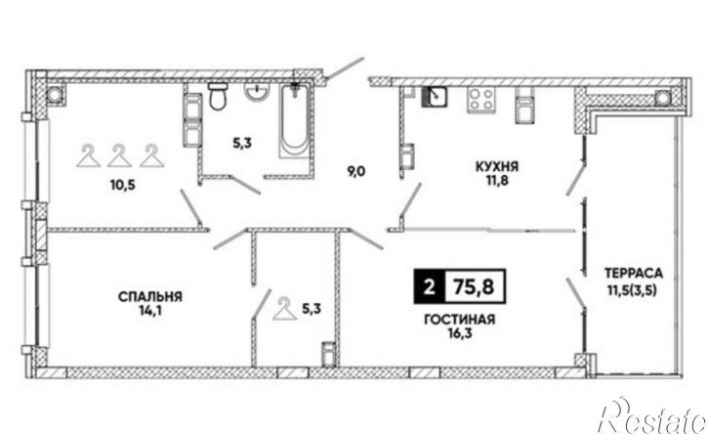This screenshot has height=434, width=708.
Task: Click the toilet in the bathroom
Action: click(218, 96)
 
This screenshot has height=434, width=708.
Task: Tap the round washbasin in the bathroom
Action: click(257, 91)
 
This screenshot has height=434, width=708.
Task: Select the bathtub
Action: click(294, 120)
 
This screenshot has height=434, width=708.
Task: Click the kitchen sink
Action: click(435, 98)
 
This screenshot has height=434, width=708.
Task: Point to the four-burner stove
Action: click(480, 100)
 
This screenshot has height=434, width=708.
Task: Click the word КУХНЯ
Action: click(497, 167)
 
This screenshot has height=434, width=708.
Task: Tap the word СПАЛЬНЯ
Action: click(150, 296)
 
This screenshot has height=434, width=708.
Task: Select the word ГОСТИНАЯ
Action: click(460, 320)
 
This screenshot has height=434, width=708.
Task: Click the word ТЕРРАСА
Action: click(634, 273)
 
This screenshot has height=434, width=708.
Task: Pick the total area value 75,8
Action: click(474, 286)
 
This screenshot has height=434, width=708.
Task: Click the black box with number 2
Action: click(430, 286)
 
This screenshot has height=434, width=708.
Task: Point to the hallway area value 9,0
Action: click(355, 171)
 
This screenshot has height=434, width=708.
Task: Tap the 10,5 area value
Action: click(122, 185)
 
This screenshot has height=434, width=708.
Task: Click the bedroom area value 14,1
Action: click(150, 311)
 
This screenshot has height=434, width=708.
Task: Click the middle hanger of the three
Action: click(120, 156)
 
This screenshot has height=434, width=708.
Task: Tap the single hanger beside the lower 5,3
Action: click(284, 309)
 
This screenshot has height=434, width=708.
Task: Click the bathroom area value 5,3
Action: click(242, 144)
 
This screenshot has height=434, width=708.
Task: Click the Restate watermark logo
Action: click(652, 416)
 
